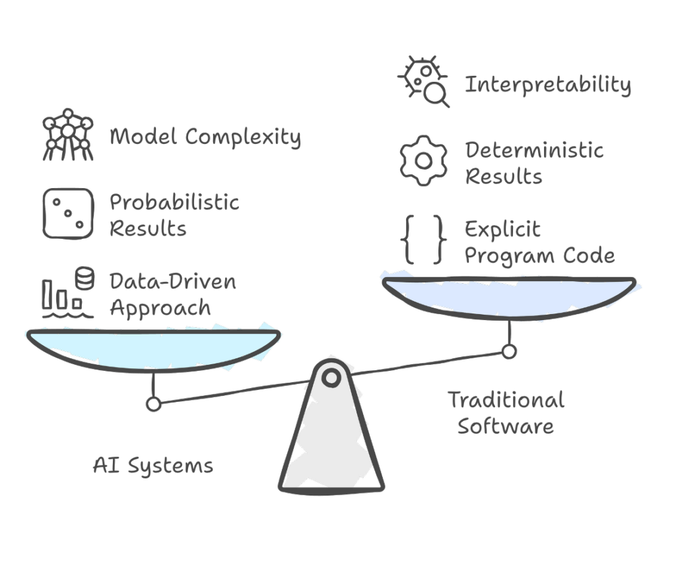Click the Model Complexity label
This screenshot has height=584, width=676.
(205, 138)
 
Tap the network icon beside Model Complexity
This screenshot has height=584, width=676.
(68, 137)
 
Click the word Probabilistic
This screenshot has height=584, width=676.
(174, 202)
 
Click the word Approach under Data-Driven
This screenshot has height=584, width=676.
(160, 308)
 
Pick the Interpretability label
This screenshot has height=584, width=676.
(548, 85)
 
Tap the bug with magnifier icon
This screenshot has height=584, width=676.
(425, 82)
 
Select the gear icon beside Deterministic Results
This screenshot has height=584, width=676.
(424, 161)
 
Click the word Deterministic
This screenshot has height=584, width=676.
(534, 150)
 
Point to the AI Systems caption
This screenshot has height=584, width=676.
(153, 466)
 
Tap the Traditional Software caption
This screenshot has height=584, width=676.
(506, 412)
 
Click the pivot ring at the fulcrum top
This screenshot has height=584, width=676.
(331, 377)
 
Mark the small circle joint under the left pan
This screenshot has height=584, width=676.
(153, 403)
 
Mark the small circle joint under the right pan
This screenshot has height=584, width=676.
(508, 352)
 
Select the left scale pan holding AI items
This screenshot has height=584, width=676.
(153, 348)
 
